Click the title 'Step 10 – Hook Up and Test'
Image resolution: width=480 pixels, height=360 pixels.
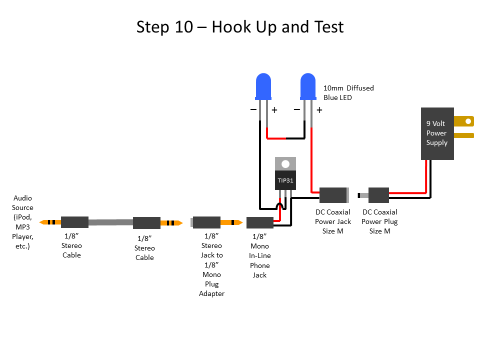pos(240,27)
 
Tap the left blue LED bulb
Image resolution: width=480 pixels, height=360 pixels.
pos(263,86)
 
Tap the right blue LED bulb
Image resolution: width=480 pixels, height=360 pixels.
pos(308,86)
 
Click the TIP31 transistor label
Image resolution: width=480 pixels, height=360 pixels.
pos(285,180)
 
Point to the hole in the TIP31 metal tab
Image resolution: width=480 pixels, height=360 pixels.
pos(285,163)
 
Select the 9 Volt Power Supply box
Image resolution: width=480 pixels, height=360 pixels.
pos(437,133)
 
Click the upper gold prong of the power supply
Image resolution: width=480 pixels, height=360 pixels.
pos(463,121)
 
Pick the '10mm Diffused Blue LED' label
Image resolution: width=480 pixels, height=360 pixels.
pos(348,93)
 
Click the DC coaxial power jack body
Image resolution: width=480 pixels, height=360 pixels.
pos(333,195)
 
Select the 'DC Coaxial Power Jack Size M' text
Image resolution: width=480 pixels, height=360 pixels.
pos(333,221)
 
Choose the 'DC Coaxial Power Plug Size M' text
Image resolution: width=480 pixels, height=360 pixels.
pos(379,221)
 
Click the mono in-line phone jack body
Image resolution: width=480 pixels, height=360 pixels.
pos(259,223)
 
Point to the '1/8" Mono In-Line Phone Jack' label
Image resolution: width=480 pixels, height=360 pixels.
pos(259,255)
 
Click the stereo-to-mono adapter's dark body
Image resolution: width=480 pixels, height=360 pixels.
pos(206,222)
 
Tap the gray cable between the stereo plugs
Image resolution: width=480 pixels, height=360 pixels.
pos(110,222)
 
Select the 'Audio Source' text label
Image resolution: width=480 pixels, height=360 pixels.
pos(22,222)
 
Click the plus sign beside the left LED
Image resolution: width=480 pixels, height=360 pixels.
pos(274,110)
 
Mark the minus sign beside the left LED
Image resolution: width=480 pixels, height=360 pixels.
pos(253,109)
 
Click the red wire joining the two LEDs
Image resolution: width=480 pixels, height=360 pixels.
pos(285,138)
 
